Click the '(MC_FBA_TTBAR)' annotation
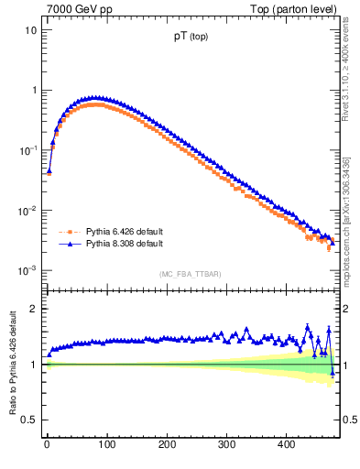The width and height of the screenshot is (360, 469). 190,275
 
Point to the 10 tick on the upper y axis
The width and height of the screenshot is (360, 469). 30,30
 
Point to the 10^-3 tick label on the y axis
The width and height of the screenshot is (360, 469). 27,271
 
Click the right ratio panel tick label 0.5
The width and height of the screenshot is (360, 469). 348,420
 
